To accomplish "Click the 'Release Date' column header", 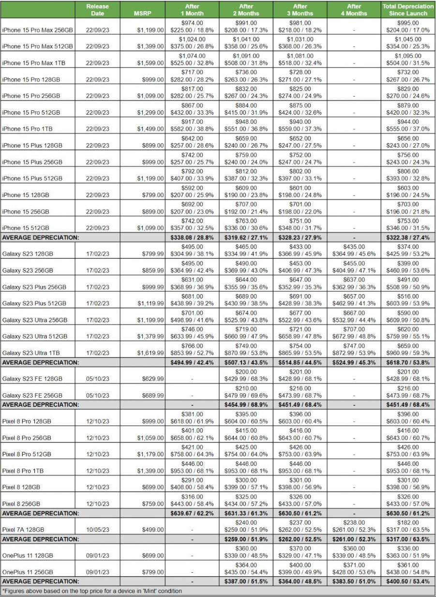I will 97,10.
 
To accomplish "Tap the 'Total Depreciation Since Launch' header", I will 408,10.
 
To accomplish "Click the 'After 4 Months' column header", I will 354,10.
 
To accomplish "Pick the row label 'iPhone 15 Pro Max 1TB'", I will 37,63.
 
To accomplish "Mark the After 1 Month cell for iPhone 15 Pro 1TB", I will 192,125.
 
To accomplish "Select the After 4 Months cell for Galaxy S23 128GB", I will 354,250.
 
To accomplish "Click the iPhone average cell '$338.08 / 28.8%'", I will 192,238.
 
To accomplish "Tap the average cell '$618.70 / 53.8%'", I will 408,362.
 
